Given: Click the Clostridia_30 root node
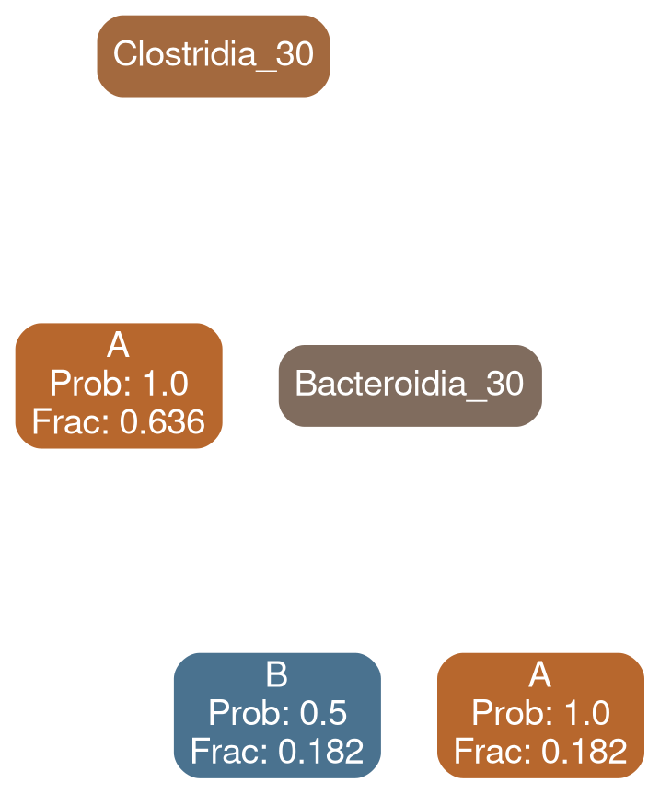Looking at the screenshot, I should (x=214, y=55).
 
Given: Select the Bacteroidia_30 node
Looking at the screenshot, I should (x=409, y=384).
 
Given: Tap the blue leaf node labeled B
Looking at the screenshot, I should (x=276, y=714).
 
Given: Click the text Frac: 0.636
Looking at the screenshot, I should (x=118, y=422).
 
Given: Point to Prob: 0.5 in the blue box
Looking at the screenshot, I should (x=276, y=714).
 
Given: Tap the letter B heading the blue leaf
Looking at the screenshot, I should (x=276, y=677).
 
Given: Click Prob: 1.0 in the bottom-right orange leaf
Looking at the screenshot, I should (x=540, y=714).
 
